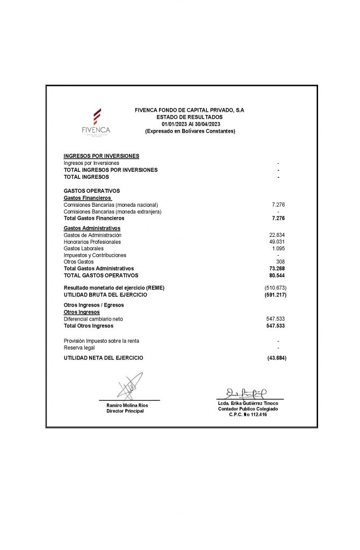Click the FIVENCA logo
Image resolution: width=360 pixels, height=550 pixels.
tap(96, 122)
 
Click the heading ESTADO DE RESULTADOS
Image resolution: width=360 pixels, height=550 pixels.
tap(189, 117)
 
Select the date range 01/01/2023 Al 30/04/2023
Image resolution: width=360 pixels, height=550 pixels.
tap(189, 124)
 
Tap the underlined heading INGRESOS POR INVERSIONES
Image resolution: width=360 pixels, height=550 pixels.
tap(102, 156)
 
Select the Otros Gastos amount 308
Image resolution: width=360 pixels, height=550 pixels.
tap(280, 262)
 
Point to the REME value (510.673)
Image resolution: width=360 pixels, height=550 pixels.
tap(275, 288)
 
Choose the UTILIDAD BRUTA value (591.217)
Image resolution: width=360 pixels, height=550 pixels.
tap(275, 295)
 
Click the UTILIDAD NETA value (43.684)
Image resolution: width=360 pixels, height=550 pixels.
tap(276, 358)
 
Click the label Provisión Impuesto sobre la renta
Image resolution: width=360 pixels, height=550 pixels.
tap(105, 341)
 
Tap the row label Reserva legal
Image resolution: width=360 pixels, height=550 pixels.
tap(79, 348)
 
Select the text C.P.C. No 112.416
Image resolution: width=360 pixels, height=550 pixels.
tap(248, 415)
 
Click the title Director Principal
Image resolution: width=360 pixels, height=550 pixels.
tap(125, 411)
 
